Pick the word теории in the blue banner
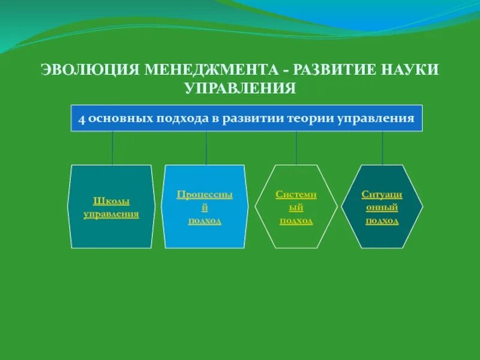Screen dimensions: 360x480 coord(308,118)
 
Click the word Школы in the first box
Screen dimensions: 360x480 coord(112,202)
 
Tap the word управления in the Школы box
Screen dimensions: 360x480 coord(112,214)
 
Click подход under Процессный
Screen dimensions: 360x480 coord(205,220)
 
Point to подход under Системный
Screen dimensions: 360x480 coord(296,220)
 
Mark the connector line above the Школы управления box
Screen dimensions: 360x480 coord(112,148)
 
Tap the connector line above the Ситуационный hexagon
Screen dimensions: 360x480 coord(382,148)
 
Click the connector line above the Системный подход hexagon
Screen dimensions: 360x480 coord(296,148)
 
